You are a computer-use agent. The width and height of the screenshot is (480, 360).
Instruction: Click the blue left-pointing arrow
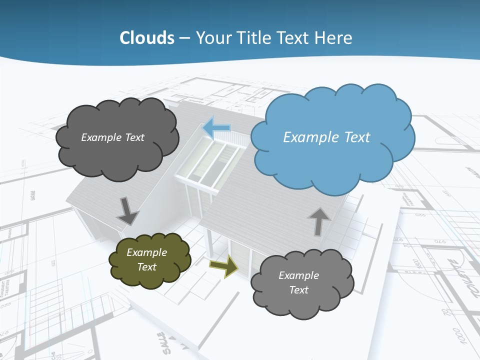216,127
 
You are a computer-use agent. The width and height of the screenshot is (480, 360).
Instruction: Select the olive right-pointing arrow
223,265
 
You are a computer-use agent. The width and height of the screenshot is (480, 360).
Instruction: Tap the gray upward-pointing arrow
318,221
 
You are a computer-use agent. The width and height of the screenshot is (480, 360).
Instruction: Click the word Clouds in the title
147,38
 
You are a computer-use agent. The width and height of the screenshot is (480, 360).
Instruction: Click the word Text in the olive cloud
146,267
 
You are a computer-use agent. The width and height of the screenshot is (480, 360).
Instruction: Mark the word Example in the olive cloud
146,252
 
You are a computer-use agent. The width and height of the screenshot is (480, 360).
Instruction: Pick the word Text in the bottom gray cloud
298,290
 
